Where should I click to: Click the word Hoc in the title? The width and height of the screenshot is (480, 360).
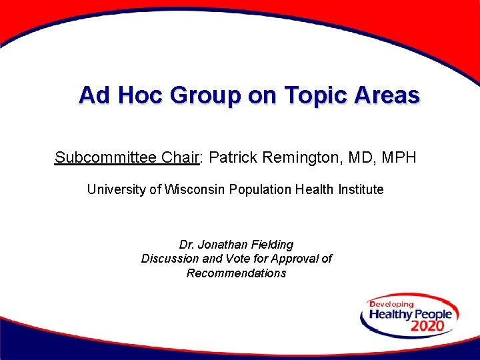click(x=141, y=95)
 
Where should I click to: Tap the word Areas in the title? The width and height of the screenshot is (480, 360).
click(x=387, y=95)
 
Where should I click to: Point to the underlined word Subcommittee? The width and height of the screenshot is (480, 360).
click(x=106, y=158)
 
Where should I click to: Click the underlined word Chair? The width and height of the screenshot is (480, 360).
click(x=182, y=157)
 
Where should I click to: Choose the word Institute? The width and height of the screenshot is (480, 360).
click(x=361, y=189)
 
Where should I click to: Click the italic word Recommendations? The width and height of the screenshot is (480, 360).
click(x=236, y=273)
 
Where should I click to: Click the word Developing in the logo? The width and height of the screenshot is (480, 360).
click(x=392, y=305)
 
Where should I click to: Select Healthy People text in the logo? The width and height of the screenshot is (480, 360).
click(x=410, y=314)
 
